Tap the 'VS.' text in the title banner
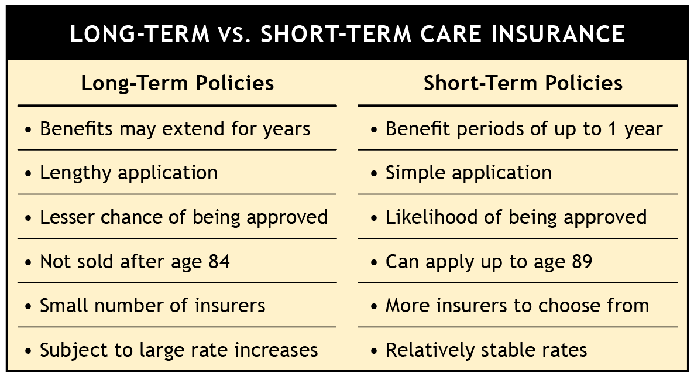pyautogui.click(x=233, y=34)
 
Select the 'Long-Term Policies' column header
pyautogui.click(x=177, y=83)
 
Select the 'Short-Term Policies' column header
pyautogui.click(x=523, y=83)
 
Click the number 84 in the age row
pyautogui.click(x=219, y=261)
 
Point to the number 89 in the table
pyautogui.click(x=582, y=261)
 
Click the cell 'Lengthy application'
pyautogui.click(x=129, y=173)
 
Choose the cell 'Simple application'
pyautogui.click(x=469, y=173)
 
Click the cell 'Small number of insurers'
pyautogui.click(x=153, y=306)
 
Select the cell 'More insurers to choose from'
pyautogui.click(x=517, y=306)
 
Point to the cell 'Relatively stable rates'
pyautogui.click(x=486, y=350)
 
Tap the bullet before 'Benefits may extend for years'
pyautogui.click(x=29, y=130)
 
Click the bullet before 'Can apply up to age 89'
pyautogui.click(x=375, y=263)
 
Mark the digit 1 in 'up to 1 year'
pyautogui.click(x=612, y=128)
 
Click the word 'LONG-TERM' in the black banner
pyautogui.click(x=140, y=34)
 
